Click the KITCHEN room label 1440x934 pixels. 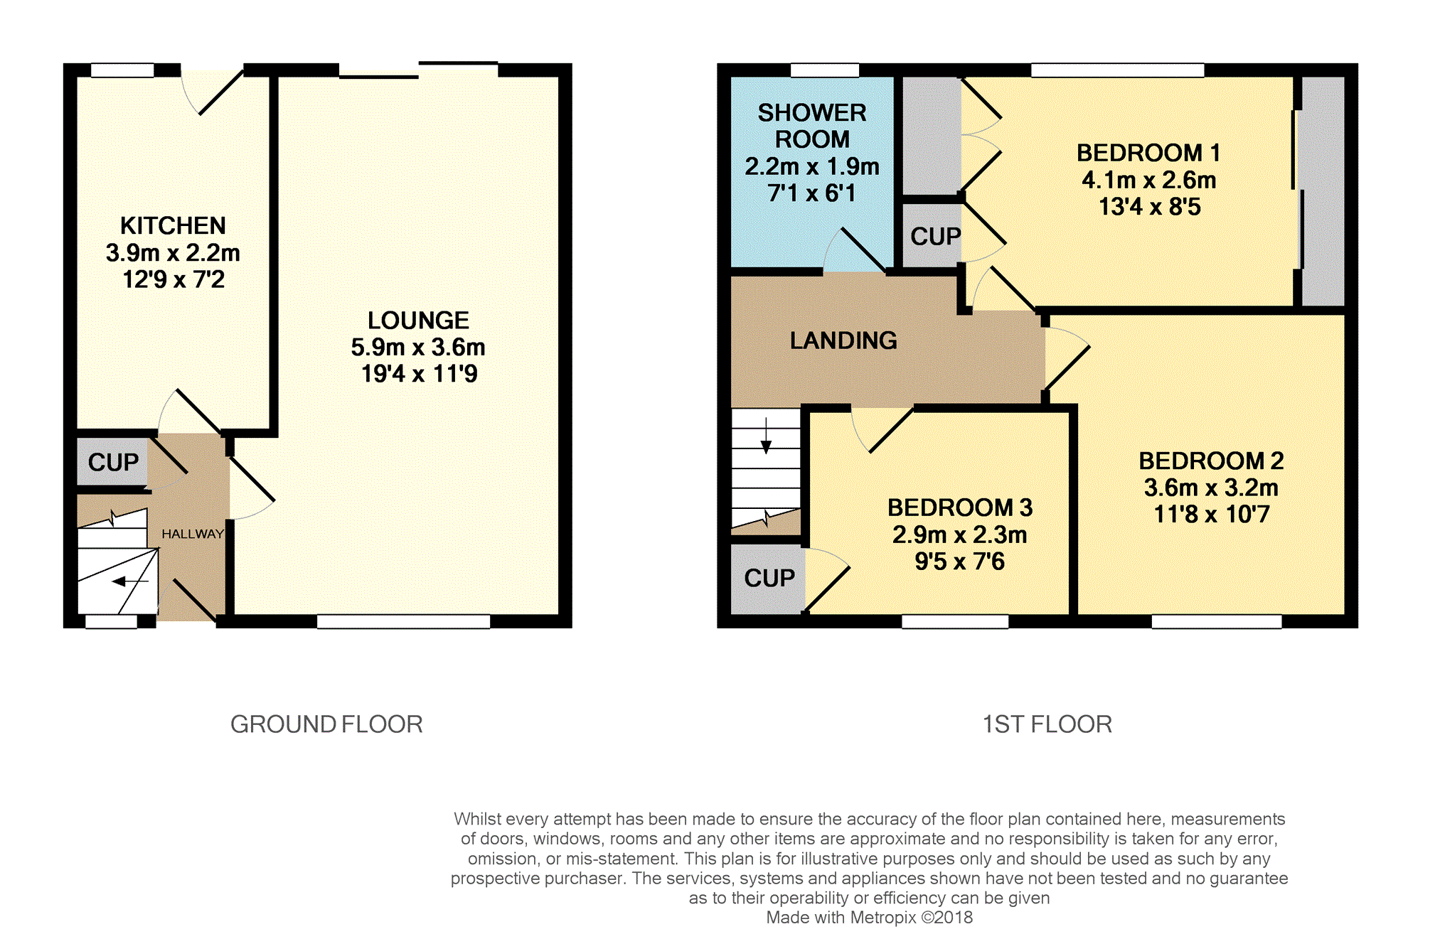click(173, 226)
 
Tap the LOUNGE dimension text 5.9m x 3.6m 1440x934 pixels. click(418, 348)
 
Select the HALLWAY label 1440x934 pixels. click(193, 534)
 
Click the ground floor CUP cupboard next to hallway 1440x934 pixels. click(113, 463)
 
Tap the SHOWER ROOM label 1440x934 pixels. click(812, 126)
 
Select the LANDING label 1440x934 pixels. click(843, 341)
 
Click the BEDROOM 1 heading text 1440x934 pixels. click(1148, 153)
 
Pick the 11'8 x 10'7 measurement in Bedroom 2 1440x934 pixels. click(1211, 515)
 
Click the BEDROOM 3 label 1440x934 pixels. click(959, 508)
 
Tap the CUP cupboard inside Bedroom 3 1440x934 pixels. click(769, 579)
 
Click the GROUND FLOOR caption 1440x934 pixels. click(326, 724)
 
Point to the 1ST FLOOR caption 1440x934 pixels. click(1047, 724)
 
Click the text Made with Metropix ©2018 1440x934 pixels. click(869, 918)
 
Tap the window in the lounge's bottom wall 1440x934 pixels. click(403, 622)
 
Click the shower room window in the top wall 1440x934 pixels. click(825, 70)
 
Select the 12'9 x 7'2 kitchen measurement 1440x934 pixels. click(174, 280)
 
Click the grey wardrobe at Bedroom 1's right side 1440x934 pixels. click(1323, 190)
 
